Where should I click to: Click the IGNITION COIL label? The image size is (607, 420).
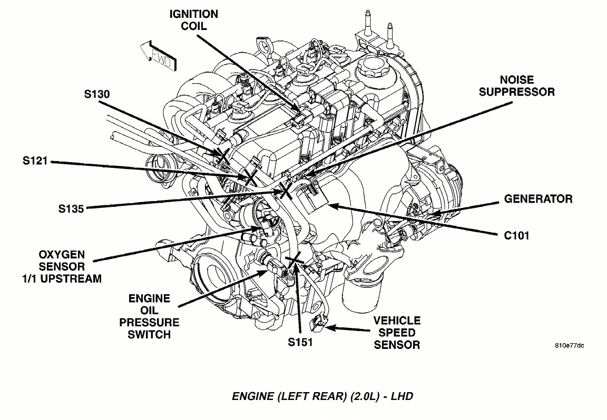click(x=193, y=19)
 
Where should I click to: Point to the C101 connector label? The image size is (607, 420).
click(x=516, y=235)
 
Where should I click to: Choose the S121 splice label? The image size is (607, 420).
click(x=35, y=162)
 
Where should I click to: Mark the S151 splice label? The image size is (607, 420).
click(x=300, y=342)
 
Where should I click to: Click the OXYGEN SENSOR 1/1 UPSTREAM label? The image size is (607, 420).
click(x=62, y=266)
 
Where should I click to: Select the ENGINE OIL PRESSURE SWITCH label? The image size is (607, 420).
click(x=149, y=316)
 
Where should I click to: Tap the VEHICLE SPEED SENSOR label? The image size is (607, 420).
click(x=397, y=333)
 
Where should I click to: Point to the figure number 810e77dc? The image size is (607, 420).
click(x=569, y=346)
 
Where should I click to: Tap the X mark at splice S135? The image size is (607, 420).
click(x=286, y=189)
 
